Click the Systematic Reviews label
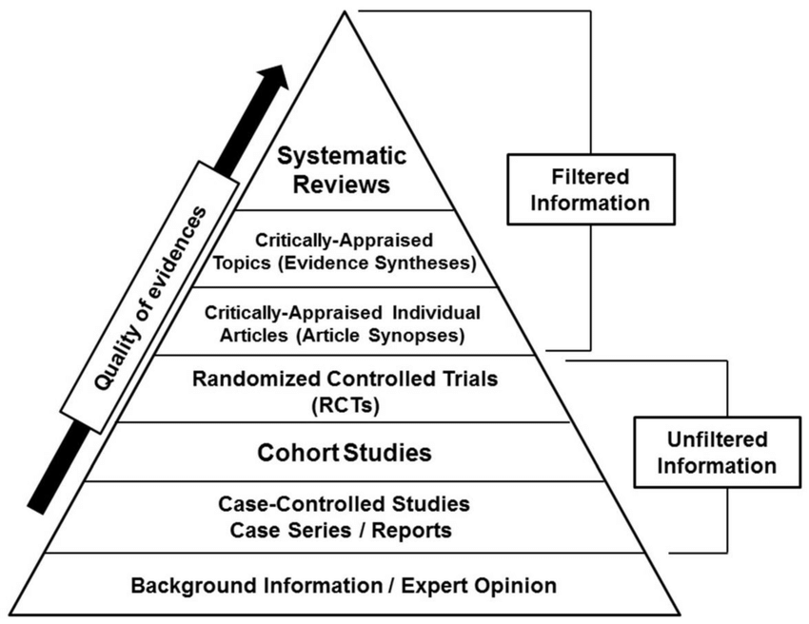click(341, 167)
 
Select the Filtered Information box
click(590, 189)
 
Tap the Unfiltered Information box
click(704, 453)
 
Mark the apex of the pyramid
click(342, 13)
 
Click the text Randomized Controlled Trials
click(345, 380)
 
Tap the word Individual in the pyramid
click(435, 312)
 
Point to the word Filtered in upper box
click(590, 177)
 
